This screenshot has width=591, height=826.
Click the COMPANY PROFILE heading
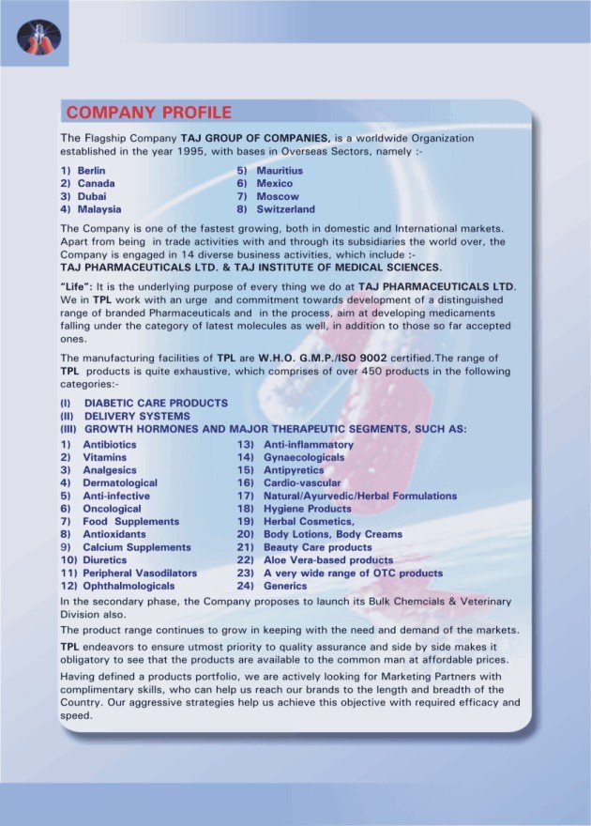click(148, 114)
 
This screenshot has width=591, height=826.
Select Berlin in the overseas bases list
click(91, 170)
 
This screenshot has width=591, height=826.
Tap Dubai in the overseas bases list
click(91, 196)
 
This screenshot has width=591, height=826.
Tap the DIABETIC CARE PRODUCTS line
click(155, 403)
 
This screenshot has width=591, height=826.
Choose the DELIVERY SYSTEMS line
click(137, 416)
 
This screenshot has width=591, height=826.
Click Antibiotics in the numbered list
click(109, 444)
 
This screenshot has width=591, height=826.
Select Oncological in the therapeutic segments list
click(111, 508)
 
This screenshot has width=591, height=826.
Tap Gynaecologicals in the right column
click(304, 457)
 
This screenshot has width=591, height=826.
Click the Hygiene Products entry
click(308, 508)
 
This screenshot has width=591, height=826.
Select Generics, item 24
click(285, 586)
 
